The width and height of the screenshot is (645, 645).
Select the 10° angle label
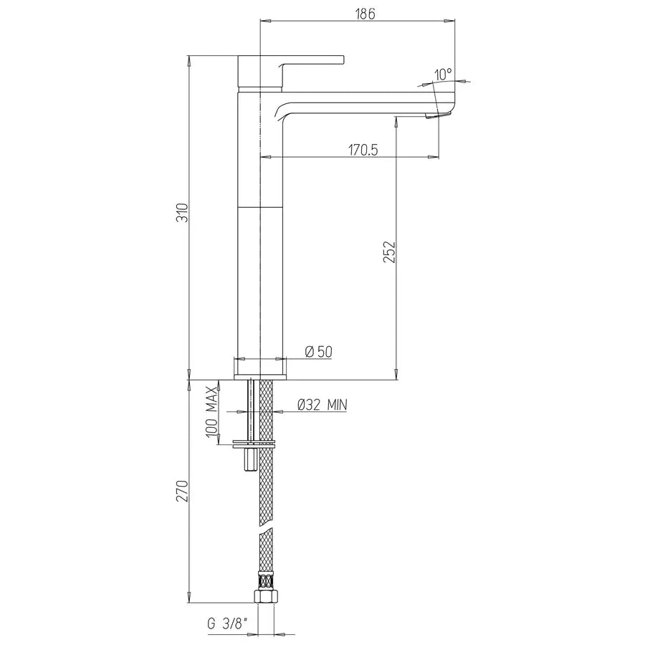click(x=444, y=73)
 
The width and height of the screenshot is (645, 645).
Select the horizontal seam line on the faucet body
click(x=260, y=206)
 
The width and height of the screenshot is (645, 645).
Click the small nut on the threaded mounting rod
click(x=249, y=459)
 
